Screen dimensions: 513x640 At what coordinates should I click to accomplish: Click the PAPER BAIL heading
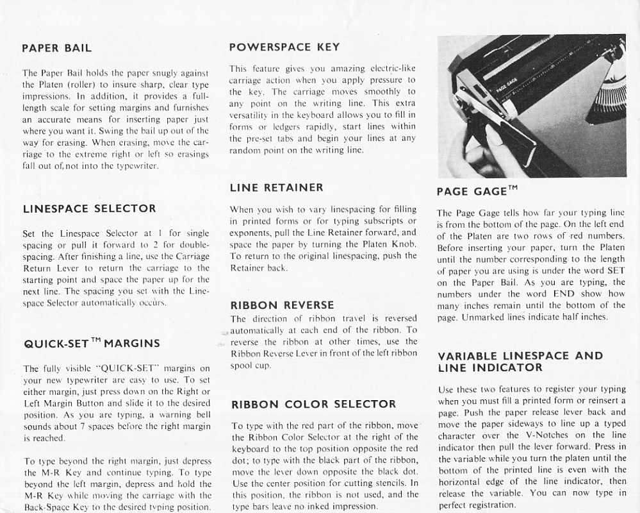(57, 48)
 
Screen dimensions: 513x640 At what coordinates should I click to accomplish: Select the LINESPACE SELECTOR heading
(89, 208)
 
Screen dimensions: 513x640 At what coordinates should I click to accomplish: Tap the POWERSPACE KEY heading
(284, 47)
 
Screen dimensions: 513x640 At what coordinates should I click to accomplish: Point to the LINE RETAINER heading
(276, 188)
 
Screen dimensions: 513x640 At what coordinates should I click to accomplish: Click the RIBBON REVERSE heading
(282, 305)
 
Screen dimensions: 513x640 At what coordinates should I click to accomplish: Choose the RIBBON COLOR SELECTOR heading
(313, 405)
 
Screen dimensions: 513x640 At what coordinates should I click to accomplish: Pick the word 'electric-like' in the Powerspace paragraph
(393, 69)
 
